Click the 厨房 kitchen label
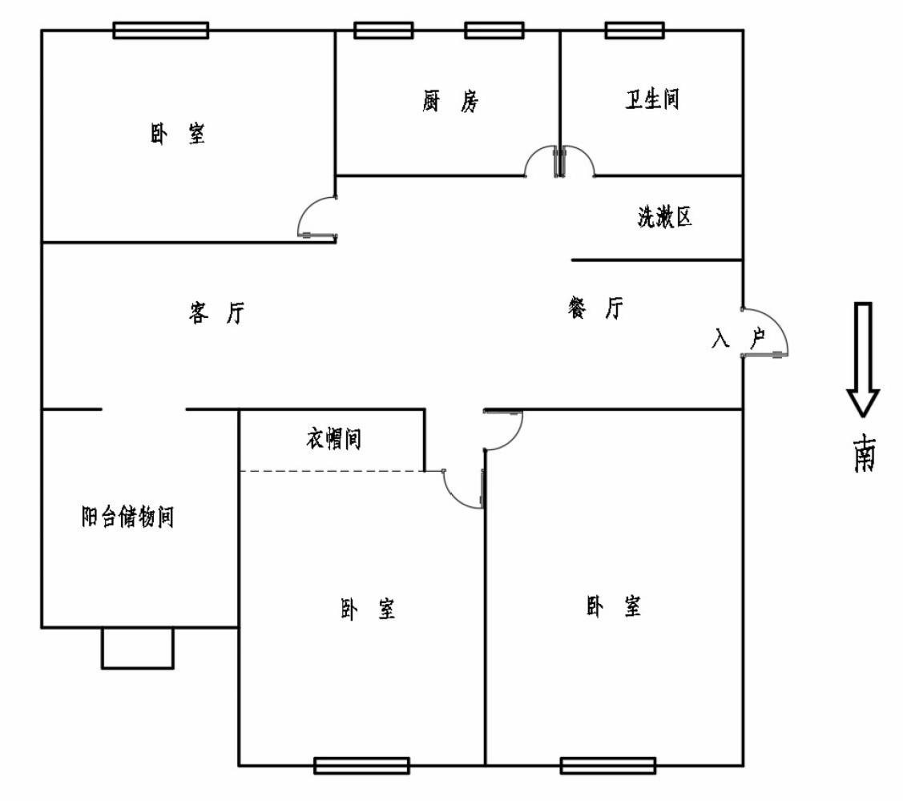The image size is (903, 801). tap(450, 102)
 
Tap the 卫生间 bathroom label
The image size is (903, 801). tap(652, 100)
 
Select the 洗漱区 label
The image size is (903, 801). tap(664, 217)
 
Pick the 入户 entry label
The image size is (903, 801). tap(738, 339)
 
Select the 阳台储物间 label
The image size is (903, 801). tap(128, 517)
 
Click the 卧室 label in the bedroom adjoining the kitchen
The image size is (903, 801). tap(177, 133)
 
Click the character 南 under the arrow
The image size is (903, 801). tap(864, 454)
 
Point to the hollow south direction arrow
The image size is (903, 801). tap(863, 359)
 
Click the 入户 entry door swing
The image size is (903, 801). tap(768, 332)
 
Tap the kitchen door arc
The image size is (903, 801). tap(539, 161)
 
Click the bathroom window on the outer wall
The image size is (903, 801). tap(634, 30)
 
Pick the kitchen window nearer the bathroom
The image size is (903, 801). tap(494, 30)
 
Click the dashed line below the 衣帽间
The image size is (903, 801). tap(332, 471)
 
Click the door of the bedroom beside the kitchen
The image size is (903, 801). tap(316, 217)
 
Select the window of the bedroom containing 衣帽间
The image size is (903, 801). tap(361, 765)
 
